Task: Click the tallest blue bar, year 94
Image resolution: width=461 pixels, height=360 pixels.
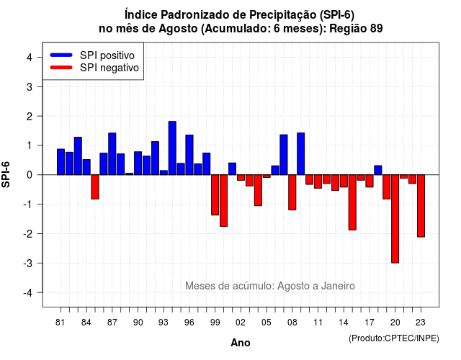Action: point(172,148)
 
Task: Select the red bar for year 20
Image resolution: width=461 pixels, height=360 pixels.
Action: point(395,219)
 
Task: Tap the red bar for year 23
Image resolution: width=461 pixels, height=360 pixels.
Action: point(421,206)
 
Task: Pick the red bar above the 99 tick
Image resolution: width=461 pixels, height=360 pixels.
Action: point(215,195)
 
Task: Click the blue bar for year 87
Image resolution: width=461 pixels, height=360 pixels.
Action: point(112,153)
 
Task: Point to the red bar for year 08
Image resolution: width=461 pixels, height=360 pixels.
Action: point(292,192)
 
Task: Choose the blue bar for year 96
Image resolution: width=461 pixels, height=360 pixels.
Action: point(189,155)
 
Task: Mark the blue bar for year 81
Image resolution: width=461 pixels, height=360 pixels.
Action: point(61,162)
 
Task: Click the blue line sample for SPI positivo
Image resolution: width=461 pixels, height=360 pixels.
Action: point(61,55)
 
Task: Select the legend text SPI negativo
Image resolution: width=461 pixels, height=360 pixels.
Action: point(109,68)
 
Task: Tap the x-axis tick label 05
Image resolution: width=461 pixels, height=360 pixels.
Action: point(267,323)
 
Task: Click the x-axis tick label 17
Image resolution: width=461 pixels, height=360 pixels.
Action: point(370,323)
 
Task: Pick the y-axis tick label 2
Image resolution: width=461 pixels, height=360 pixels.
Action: point(30,117)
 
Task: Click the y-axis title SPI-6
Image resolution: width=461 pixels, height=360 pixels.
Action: point(6,174)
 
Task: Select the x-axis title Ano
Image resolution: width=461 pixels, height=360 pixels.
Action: point(241,343)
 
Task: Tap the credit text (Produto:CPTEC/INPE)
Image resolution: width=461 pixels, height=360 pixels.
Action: point(394,338)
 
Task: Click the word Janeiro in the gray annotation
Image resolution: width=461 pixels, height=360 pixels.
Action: point(338,286)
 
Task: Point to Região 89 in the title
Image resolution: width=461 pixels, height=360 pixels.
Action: point(356,29)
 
